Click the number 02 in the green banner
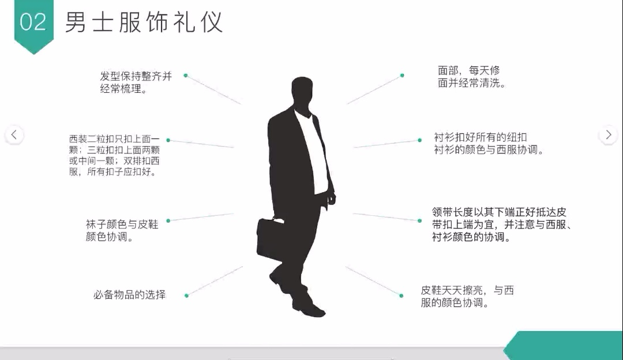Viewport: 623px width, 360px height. click(33, 22)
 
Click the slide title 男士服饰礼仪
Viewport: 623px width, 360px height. click(144, 22)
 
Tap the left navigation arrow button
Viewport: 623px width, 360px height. click(14, 134)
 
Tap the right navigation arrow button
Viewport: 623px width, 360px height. click(609, 134)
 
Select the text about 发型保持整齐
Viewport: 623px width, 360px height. click(136, 82)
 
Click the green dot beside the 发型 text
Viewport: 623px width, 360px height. click(186, 76)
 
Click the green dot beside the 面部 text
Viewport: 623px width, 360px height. click(402, 76)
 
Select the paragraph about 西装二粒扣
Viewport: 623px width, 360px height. click(114, 155)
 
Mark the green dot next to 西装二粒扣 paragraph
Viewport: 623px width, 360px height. click(168, 140)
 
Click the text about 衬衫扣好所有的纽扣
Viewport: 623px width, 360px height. click(489, 144)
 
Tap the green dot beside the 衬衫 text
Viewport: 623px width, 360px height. click(419, 140)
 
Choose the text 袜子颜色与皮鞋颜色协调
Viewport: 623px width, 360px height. click(122, 230)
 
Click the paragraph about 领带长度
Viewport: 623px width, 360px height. click(502, 224)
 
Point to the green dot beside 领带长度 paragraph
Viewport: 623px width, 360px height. click(419, 220)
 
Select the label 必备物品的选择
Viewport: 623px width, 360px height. click(130, 295)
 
